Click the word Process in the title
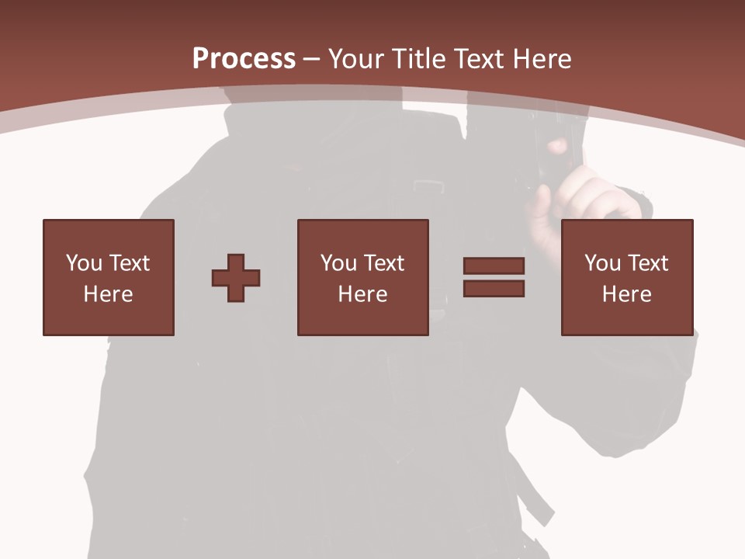244,59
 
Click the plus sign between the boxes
236,278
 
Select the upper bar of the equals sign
494,266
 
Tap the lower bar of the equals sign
494,289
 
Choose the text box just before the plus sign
109,278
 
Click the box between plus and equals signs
362,278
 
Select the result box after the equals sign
627,278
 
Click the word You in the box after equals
602,264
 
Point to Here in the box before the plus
109,294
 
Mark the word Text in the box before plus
130,264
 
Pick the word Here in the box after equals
627,294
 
